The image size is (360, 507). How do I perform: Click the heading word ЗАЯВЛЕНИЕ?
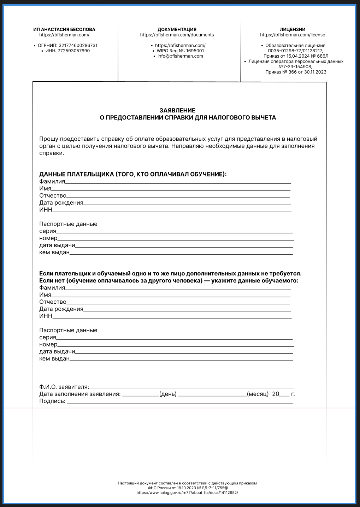[x=177, y=110]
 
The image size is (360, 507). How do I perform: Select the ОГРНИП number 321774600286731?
[x=78, y=46]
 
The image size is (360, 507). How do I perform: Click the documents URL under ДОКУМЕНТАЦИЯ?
[x=177, y=35]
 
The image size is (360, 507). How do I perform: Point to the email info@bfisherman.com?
[x=180, y=56]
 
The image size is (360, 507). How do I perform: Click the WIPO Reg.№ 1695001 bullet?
[x=180, y=51]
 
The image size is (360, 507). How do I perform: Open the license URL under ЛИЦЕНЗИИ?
[x=293, y=35]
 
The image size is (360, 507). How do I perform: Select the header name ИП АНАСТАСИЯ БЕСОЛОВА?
[x=64, y=30]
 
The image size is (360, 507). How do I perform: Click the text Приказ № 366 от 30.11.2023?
[x=296, y=72]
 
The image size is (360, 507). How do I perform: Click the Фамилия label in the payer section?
[x=52, y=182]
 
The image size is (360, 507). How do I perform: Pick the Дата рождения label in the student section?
[x=61, y=309]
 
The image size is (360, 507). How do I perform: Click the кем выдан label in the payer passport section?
[x=54, y=252]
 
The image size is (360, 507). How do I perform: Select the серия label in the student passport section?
[x=48, y=337]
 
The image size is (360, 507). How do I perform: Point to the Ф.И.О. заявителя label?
[x=64, y=387]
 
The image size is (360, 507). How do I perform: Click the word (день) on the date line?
[x=168, y=394]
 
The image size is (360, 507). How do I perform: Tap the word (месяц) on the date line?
[x=258, y=394]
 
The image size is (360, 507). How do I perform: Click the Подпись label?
[x=52, y=401]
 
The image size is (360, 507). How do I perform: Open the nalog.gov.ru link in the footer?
[x=187, y=493]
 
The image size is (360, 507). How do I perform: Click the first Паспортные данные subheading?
[x=68, y=224]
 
